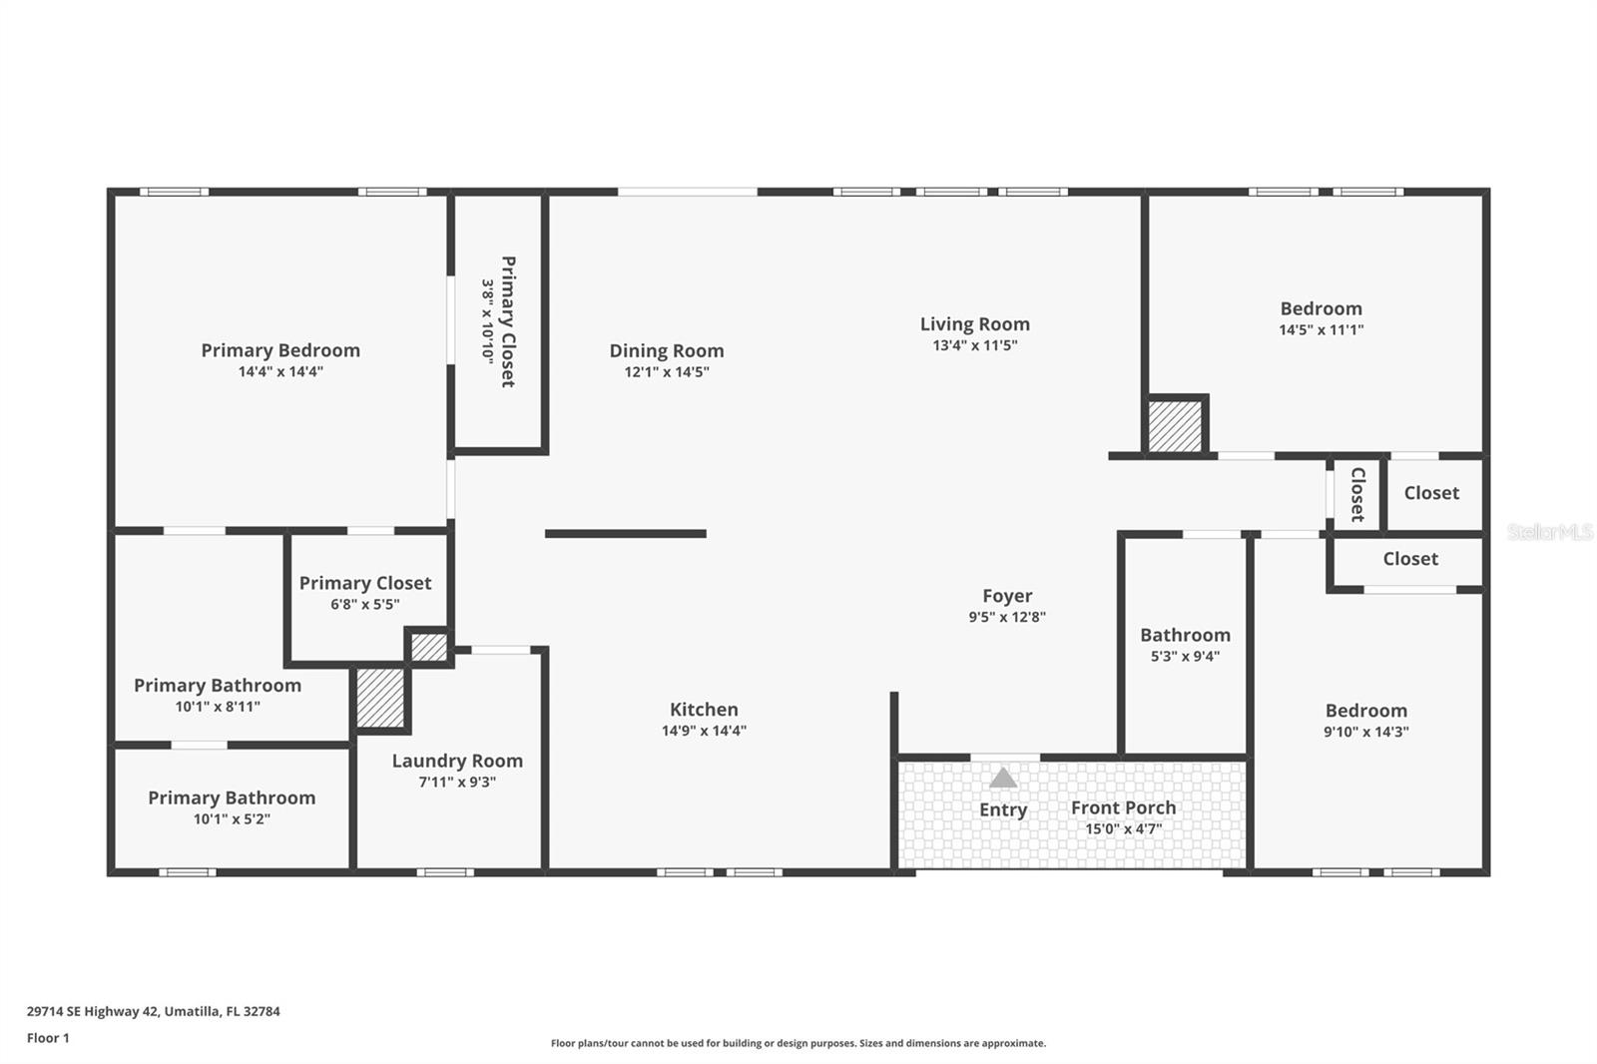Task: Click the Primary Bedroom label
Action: [x=280, y=350]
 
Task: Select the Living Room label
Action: [x=974, y=324]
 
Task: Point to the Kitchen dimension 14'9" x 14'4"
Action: [x=704, y=731]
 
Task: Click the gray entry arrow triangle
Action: [x=1003, y=778]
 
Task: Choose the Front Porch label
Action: [x=1123, y=807]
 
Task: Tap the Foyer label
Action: [x=1007, y=596]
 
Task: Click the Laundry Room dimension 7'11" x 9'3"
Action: [x=457, y=783]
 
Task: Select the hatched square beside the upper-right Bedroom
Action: [x=1175, y=426]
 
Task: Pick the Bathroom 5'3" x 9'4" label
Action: [x=1185, y=635]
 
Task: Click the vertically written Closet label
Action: [x=1357, y=494]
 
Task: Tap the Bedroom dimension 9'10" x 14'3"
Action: [x=1365, y=732]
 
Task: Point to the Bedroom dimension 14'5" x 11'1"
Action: [x=1321, y=330]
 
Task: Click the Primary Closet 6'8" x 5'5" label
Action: [x=365, y=583]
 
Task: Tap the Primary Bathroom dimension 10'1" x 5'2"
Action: [x=232, y=819]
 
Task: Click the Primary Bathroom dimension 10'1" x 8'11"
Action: [x=218, y=707]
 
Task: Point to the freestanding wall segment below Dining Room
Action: [x=626, y=534]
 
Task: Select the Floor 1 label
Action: [x=48, y=1038]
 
